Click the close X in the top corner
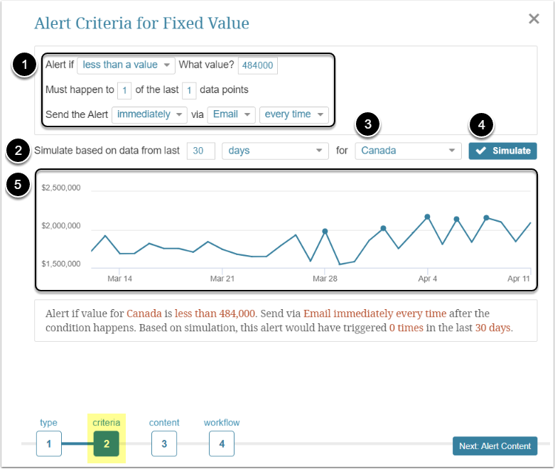(x=534, y=19)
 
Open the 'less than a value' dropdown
(x=126, y=65)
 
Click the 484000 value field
(x=258, y=65)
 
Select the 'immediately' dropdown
(x=149, y=114)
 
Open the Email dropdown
(x=231, y=114)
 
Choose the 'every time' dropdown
(x=293, y=114)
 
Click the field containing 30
(x=200, y=151)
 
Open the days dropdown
(x=274, y=151)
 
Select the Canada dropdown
(x=408, y=151)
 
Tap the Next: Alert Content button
(x=495, y=446)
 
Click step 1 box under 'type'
(x=49, y=444)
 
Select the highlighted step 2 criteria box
(x=106, y=444)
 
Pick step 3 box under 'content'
(x=164, y=444)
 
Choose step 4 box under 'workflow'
(x=222, y=444)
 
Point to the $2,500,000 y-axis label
(x=62, y=188)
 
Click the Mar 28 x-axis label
(x=325, y=279)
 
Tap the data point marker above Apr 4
(x=427, y=217)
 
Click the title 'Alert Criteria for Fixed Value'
(x=141, y=23)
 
